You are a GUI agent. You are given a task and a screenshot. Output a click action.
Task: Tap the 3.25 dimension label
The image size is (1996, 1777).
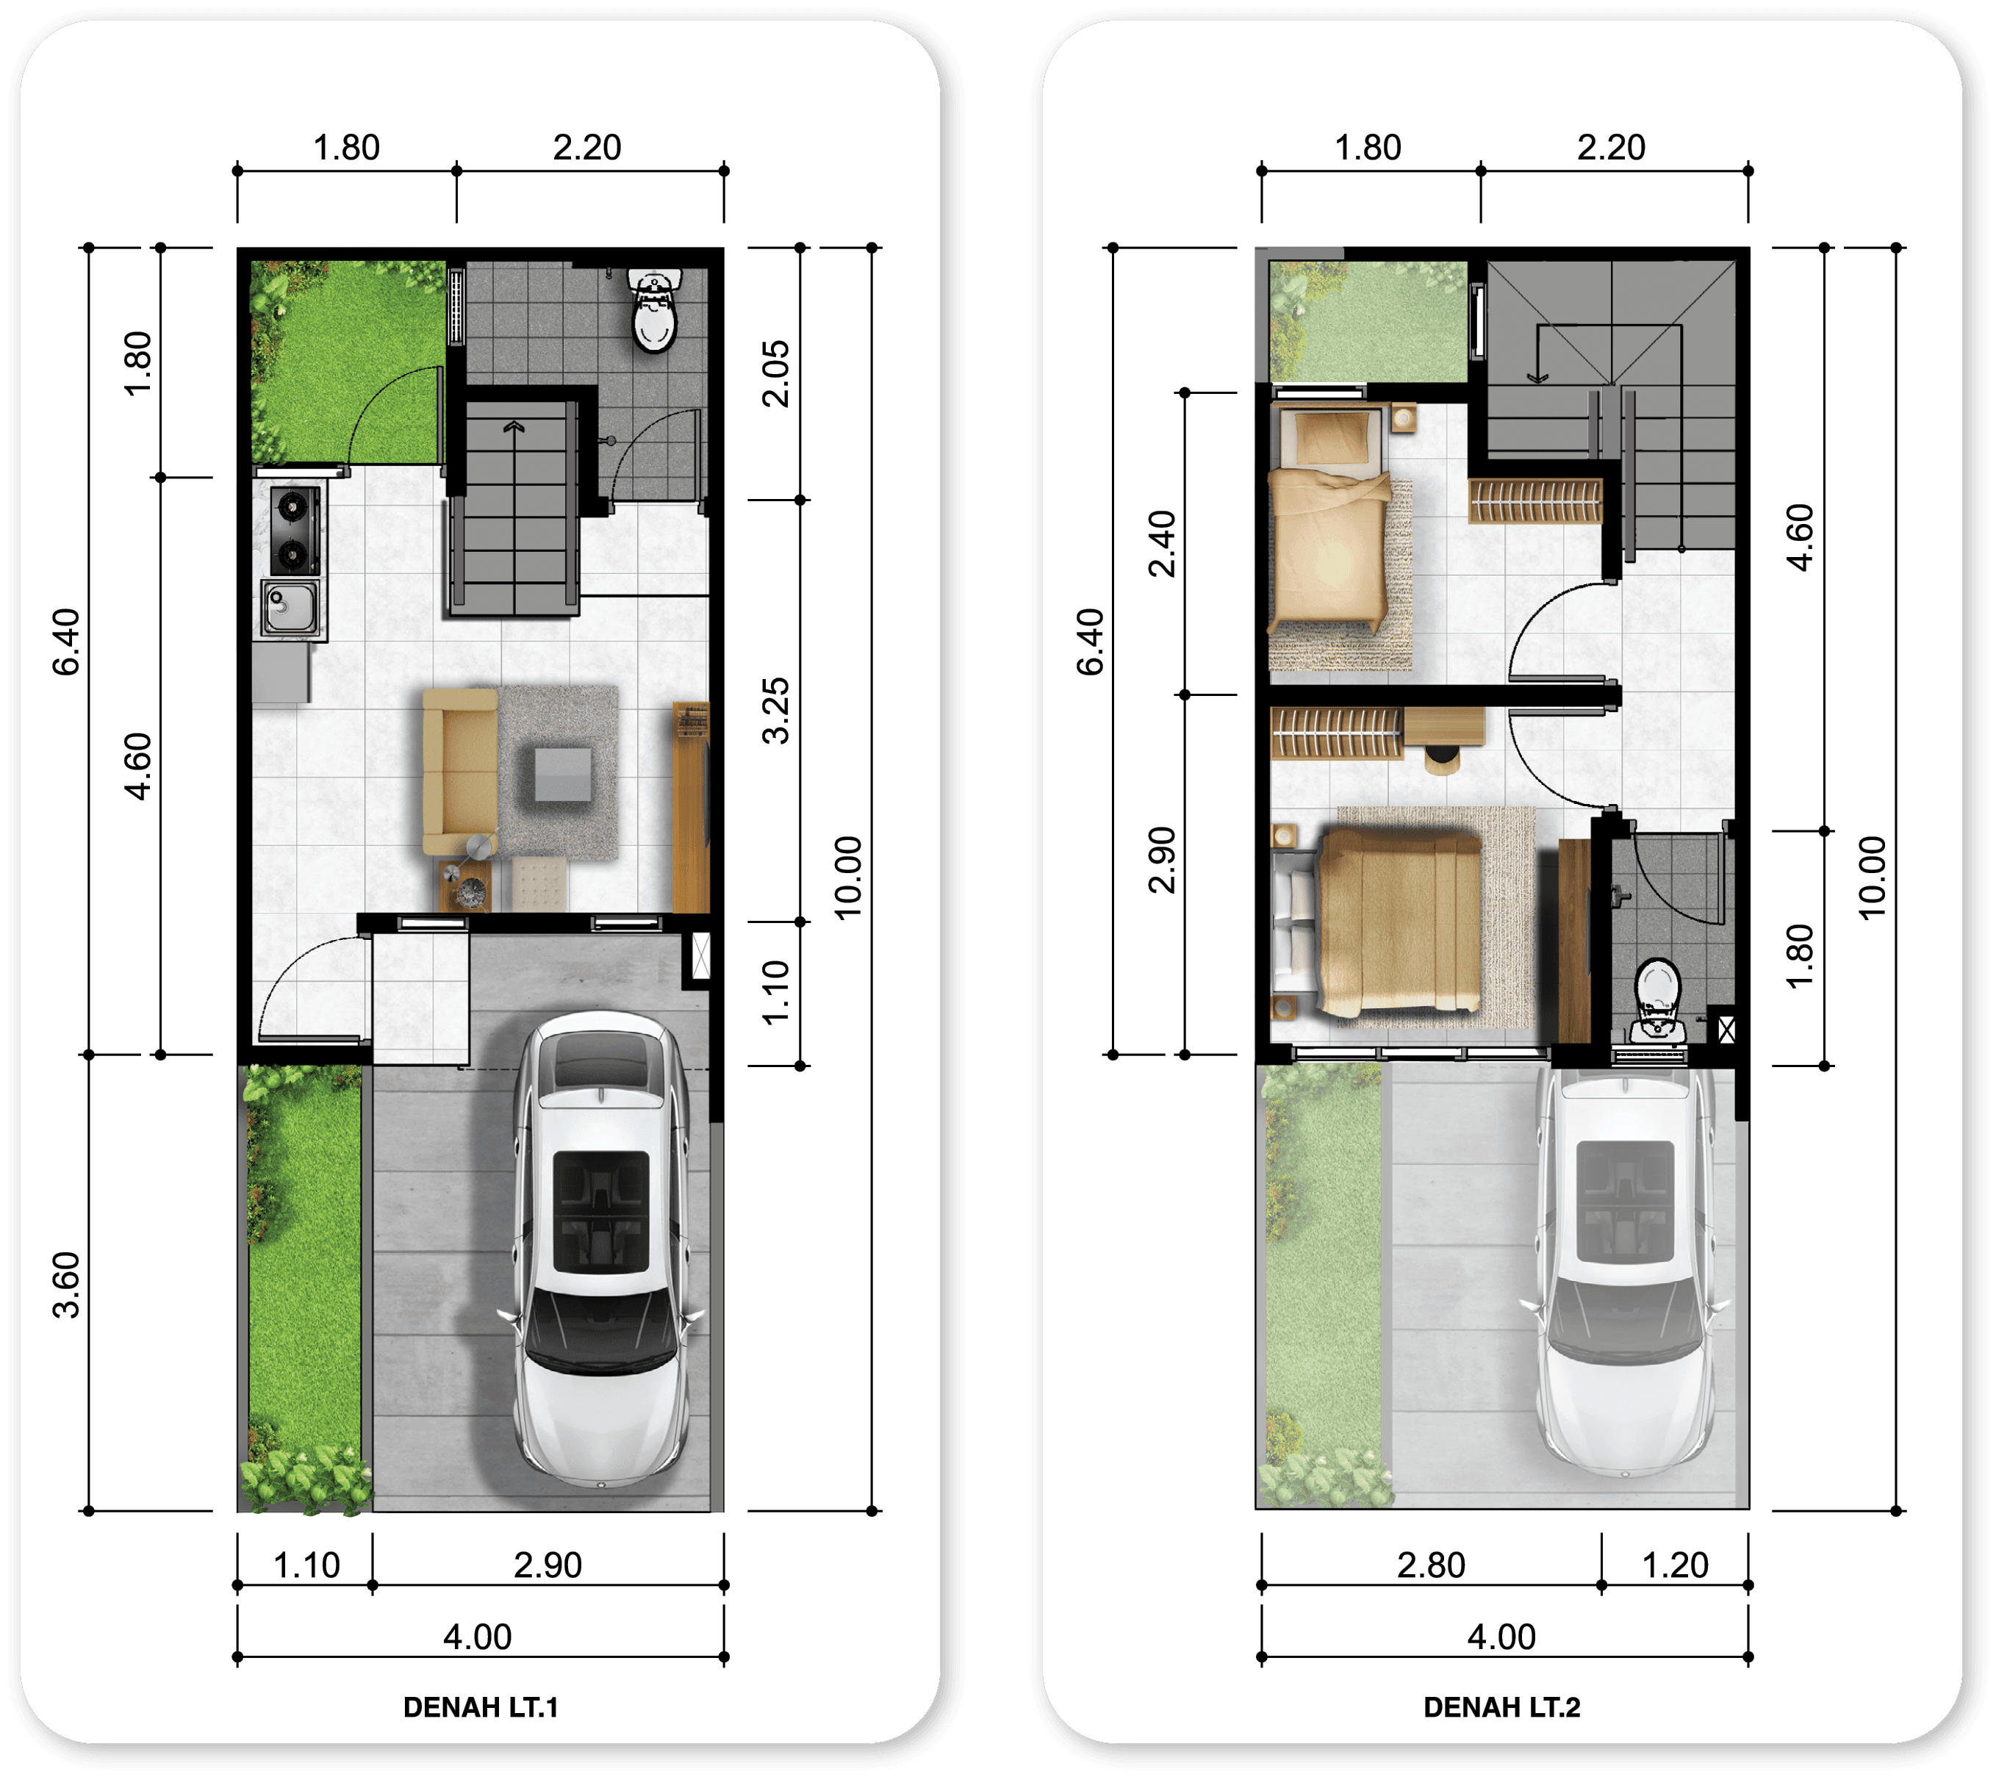(x=775, y=711)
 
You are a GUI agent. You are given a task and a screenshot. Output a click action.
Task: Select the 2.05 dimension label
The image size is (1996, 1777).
(x=775, y=373)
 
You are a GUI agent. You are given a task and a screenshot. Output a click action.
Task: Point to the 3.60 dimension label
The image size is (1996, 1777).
(x=65, y=1285)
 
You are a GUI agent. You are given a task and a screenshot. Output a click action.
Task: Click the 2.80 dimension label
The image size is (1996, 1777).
(x=1431, y=1565)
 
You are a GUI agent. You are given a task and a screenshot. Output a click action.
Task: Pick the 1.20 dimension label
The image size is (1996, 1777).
(x=1675, y=1565)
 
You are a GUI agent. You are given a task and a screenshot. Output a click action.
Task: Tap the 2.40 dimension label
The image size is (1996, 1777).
(x=1162, y=544)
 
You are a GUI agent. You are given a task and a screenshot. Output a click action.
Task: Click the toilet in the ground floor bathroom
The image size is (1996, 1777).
(x=654, y=310)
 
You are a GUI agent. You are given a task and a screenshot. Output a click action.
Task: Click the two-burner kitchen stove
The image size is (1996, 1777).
(x=295, y=530)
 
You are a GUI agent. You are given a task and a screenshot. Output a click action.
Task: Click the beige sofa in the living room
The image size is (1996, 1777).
(x=460, y=772)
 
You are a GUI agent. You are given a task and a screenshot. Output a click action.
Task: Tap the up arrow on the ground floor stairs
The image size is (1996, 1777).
(x=514, y=427)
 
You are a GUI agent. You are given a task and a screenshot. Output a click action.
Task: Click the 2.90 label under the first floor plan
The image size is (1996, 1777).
(x=548, y=1565)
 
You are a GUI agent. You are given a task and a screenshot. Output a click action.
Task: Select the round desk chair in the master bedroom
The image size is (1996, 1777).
(x=1441, y=758)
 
